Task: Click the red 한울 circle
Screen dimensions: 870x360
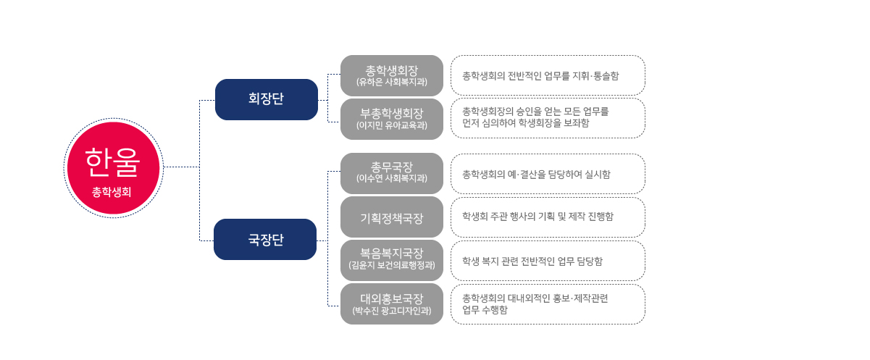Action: click(114, 168)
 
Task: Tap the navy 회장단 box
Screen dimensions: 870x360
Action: click(267, 99)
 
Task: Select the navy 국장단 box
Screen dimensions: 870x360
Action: click(265, 239)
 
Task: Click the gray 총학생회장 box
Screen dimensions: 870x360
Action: click(392, 75)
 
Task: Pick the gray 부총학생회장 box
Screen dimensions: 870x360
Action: click(392, 119)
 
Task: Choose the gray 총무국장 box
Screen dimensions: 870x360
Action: click(392, 173)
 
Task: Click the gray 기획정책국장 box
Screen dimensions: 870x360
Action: click(392, 217)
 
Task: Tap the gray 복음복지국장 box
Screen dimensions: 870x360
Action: click(392, 260)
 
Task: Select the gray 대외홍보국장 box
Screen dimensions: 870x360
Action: click(392, 304)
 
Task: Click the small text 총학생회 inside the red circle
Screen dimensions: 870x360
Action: click(112, 192)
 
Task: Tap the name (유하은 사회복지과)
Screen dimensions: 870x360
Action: click(392, 82)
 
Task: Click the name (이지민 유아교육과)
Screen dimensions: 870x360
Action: click(392, 125)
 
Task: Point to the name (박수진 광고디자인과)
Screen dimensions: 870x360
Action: click(392, 311)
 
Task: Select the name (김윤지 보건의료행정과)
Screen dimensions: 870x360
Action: click(392, 265)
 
